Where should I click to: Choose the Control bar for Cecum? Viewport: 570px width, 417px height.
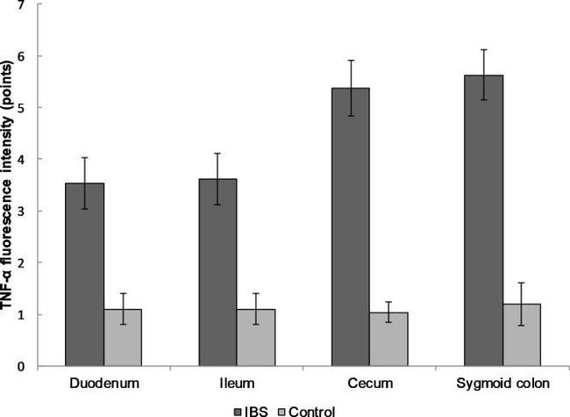pos(388,339)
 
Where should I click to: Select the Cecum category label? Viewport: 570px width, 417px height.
pos(369,384)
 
